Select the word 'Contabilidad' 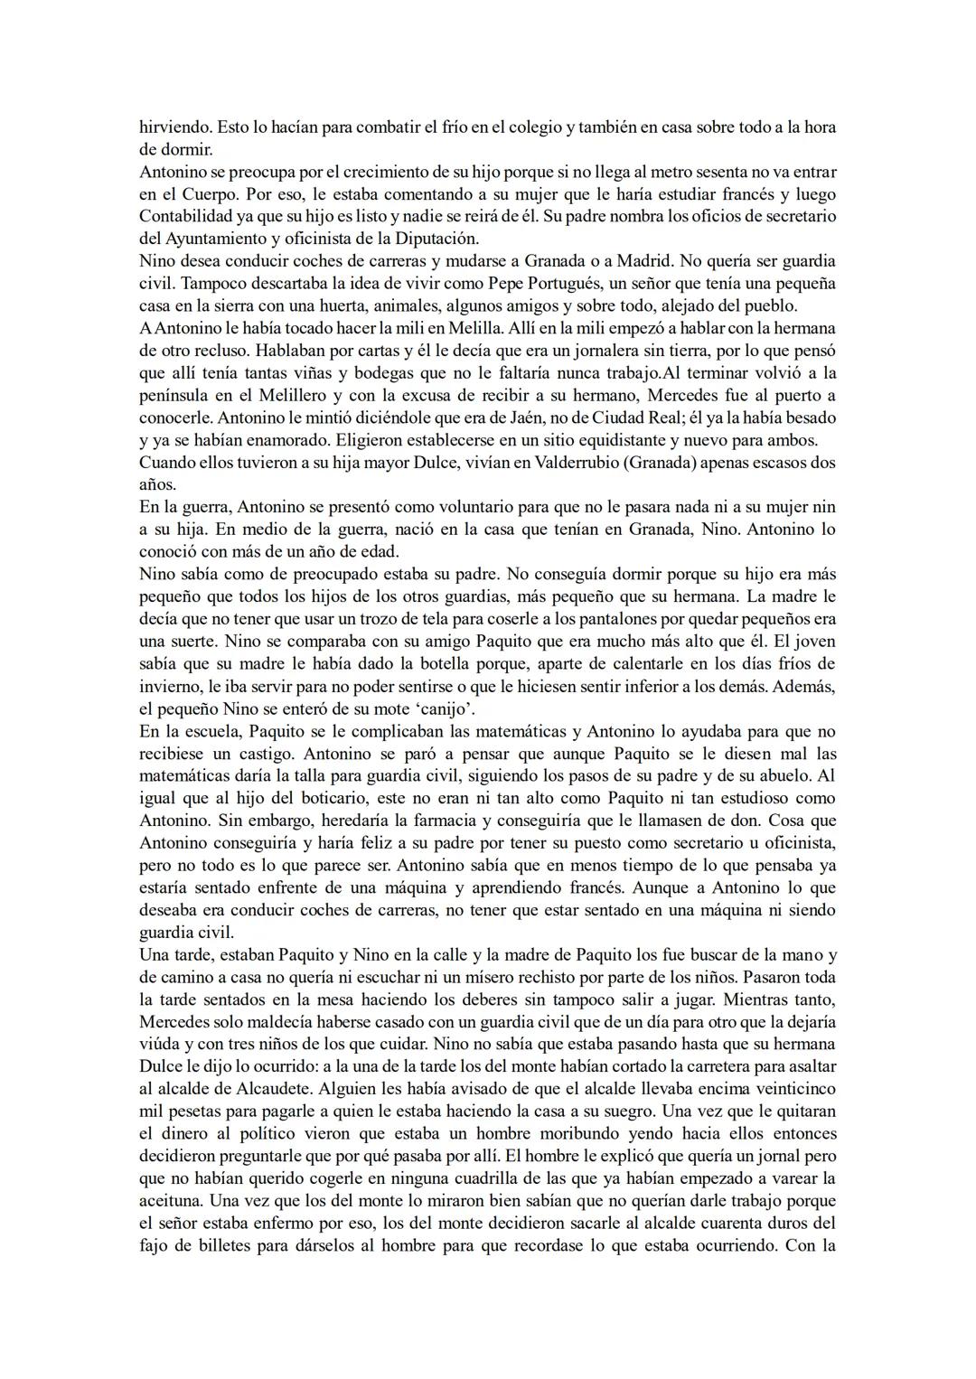(184, 216)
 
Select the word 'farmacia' (440, 821)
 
